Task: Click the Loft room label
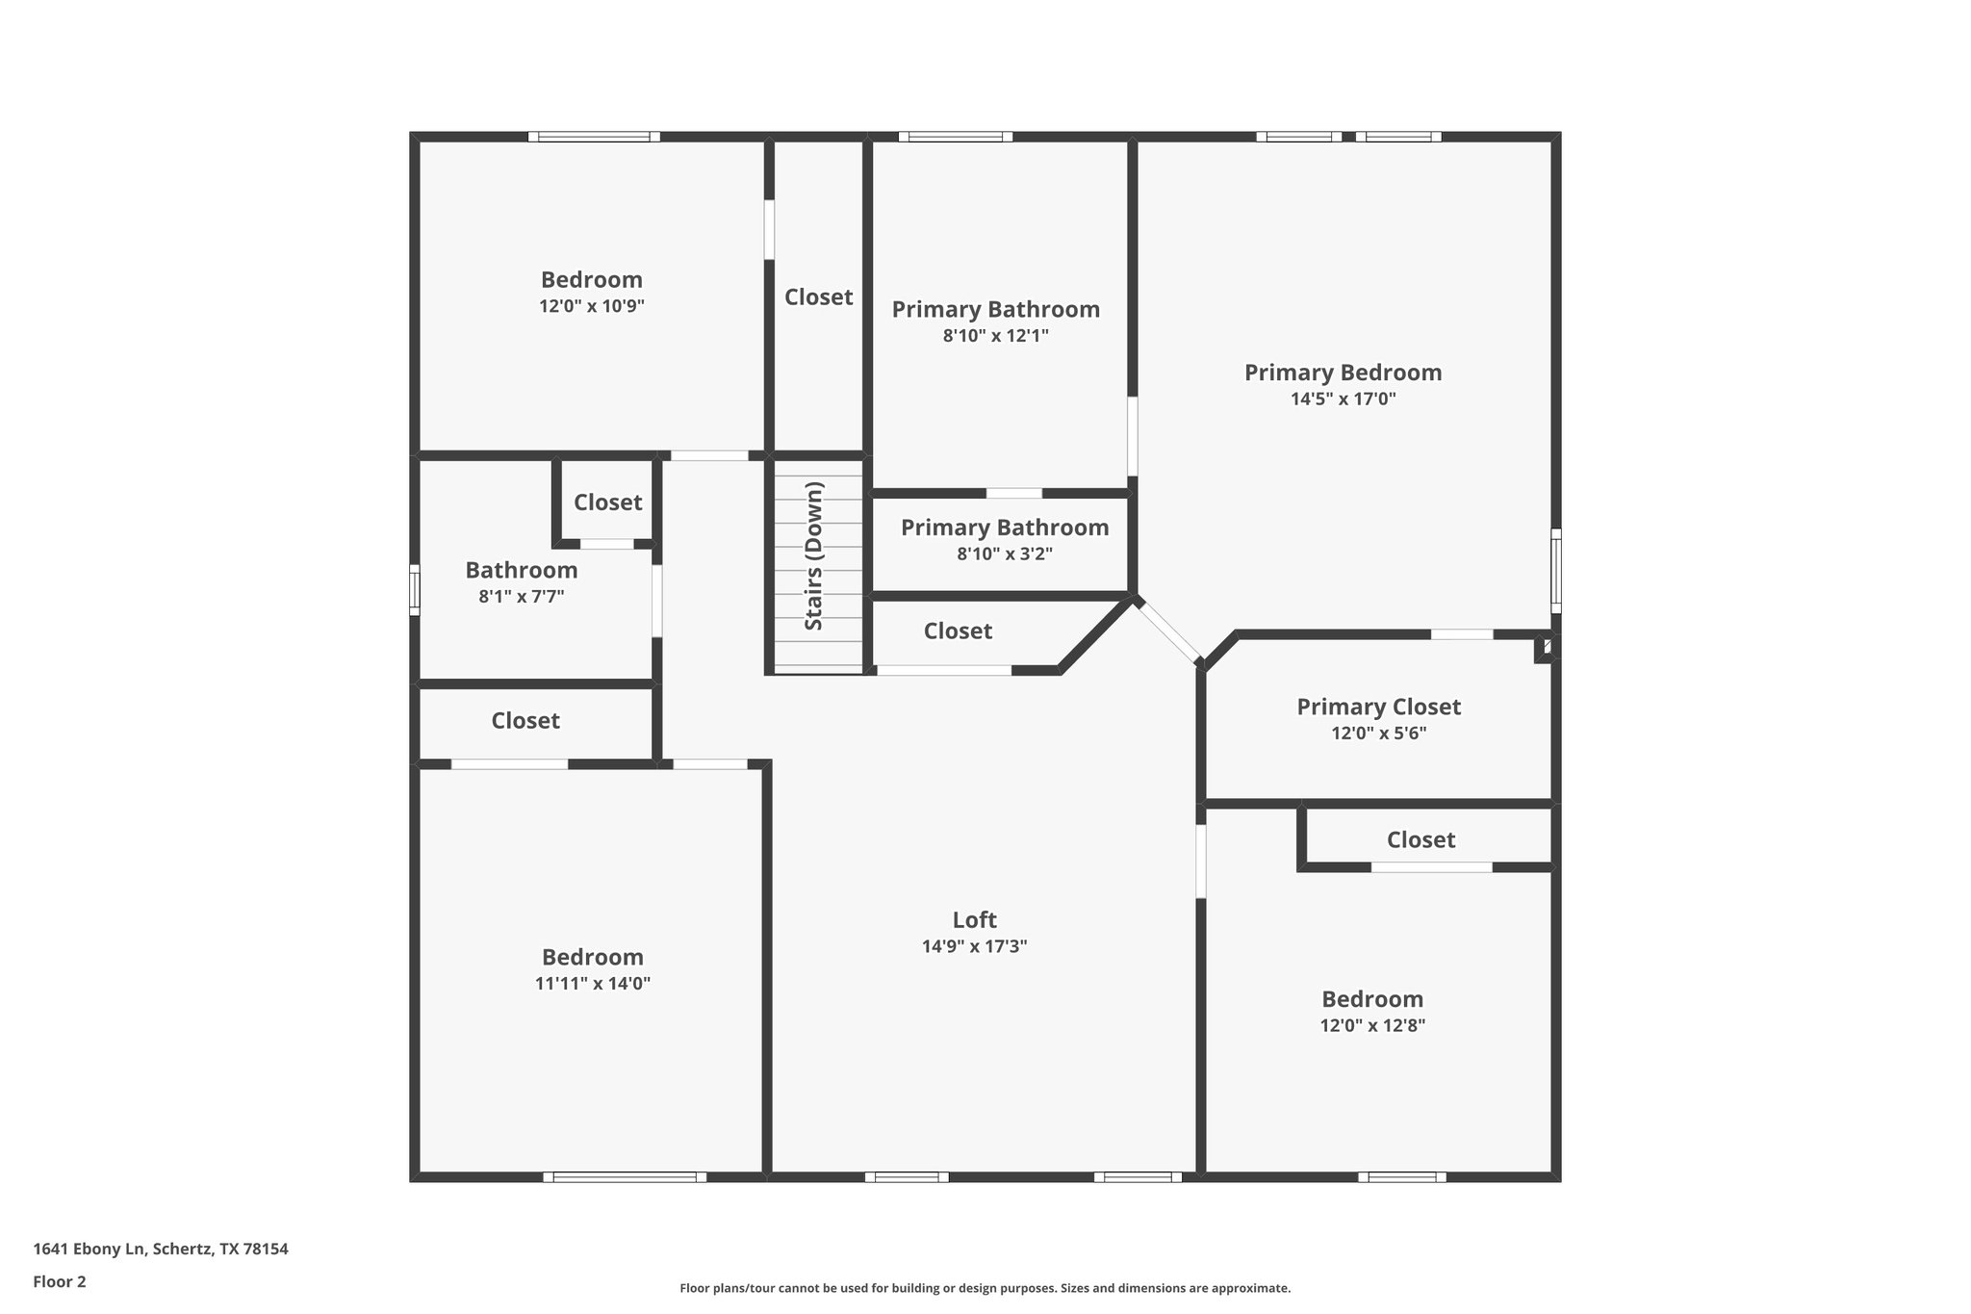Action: [974, 919]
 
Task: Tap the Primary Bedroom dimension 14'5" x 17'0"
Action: [1343, 399]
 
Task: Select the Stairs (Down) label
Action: [814, 555]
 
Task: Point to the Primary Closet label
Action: [1378, 707]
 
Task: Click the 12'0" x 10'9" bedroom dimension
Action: [591, 306]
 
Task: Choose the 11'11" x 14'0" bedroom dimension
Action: [592, 984]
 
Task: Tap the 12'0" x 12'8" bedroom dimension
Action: [1372, 1025]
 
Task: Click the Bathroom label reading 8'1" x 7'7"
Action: [521, 570]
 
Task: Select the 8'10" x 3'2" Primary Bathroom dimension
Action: [1004, 554]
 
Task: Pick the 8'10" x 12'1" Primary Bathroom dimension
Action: [995, 336]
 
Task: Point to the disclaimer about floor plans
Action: [985, 1288]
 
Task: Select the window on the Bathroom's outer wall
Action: [415, 589]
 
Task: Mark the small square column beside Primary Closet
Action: [1545, 649]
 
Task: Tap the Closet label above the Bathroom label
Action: [607, 502]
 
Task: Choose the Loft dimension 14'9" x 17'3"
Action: [974, 946]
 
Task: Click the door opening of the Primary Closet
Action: [1461, 634]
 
